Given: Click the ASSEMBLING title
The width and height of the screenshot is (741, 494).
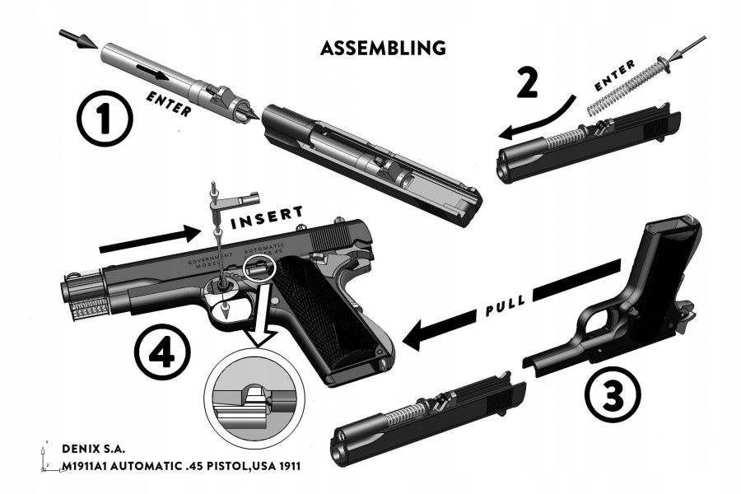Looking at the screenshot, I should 383,48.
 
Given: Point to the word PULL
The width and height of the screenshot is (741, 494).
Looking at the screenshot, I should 504,309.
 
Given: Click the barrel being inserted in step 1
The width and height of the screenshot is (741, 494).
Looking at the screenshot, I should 173,82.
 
